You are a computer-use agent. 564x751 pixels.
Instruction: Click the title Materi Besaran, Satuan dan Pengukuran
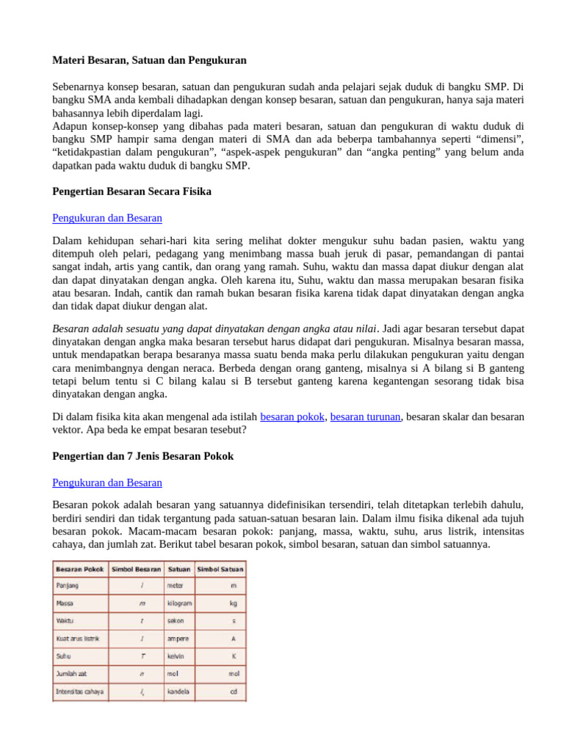pyautogui.click(x=150, y=59)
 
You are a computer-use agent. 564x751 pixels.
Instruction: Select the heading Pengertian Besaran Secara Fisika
pyautogui.click(x=132, y=191)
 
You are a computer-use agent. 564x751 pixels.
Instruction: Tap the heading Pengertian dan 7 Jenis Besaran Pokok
pyautogui.click(x=143, y=456)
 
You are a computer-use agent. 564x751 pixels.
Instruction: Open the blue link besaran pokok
pyautogui.click(x=292, y=417)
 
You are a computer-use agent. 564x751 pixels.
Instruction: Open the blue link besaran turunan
pyautogui.click(x=365, y=417)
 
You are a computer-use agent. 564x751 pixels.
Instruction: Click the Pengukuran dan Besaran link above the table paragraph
pyautogui.click(x=107, y=483)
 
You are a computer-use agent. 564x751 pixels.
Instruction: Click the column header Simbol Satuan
pyautogui.click(x=221, y=568)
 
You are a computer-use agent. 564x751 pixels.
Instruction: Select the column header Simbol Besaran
pyautogui.click(x=136, y=568)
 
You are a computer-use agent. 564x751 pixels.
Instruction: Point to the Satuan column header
pyautogui.click(x=179, y=568)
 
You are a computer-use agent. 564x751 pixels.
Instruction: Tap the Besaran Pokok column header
pyautogui.click(x=80, y=568)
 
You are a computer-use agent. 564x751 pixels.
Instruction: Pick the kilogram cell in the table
pyautogui.click(x=180, y=603)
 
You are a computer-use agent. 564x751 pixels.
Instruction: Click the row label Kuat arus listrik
pyautogui.click(x=78, y=638)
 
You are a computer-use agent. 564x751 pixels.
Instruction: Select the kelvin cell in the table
pyautogui.click(x=176, y=656)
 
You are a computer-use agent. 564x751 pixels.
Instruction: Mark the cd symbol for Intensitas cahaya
pyautogui.click(x=233, y=691)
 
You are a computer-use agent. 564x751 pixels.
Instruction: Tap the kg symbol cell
pyautogui.click(x=233, y=603)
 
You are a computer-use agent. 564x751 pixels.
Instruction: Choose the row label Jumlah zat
pyautogui.click(x=72, y=673)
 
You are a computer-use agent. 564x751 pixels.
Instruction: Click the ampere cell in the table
pyautogui.click(x=178, y=638)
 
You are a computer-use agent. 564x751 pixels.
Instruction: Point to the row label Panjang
pyautogui.click(x=67, y=585)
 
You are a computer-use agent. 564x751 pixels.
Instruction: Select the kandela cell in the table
pyautogui.click(x=178, y=691)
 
